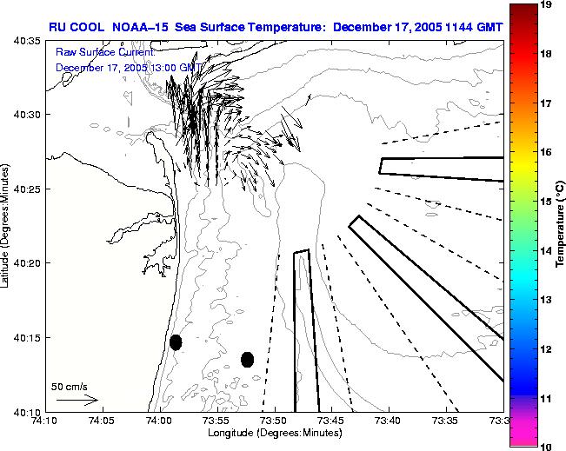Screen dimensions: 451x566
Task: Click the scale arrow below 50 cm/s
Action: (x=77, y=401)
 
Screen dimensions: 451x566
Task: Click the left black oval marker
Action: (x=176, y=342)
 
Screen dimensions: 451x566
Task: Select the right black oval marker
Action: (x=247, y=359)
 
